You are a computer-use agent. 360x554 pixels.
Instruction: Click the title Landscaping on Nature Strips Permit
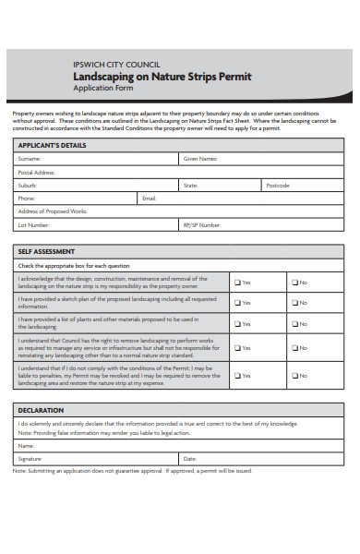tap(161, 77)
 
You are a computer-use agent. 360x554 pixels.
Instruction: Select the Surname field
tap(111, 159)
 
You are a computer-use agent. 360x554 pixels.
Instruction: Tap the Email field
tap(249, 198)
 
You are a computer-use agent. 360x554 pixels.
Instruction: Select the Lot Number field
tap(111, 224)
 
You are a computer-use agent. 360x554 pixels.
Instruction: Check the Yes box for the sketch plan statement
tap(236, 302)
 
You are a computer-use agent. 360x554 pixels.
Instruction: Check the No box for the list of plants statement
tap(294, 324)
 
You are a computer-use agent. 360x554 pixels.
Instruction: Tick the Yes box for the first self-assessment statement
tap(236, 283)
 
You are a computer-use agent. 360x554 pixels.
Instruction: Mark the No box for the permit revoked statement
tap(294, 375)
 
